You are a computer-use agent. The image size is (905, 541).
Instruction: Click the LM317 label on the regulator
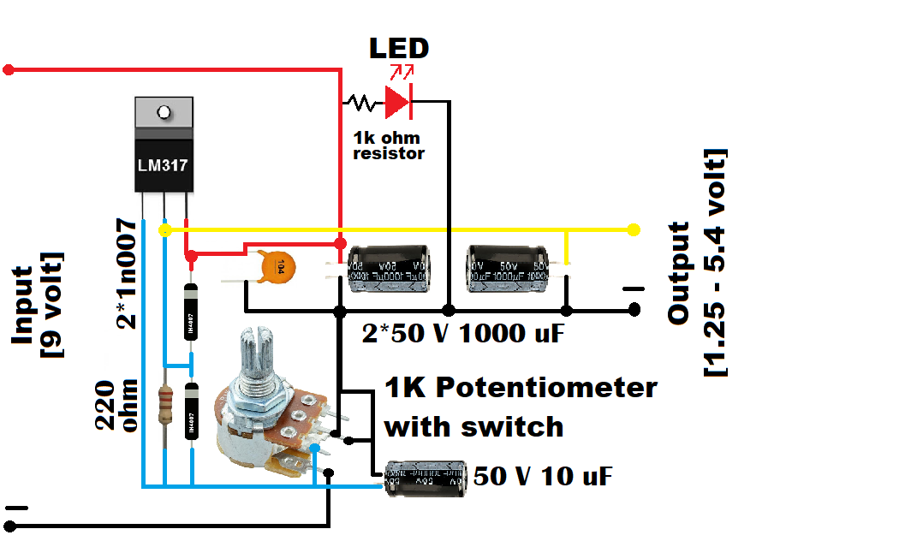tap(163, 164)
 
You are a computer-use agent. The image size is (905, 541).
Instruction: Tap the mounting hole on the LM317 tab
tap(163, 111)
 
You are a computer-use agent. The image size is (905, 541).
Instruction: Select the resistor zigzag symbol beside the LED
tap(360, 103)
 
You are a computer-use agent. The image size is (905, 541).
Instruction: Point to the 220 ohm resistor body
tap(165, 404)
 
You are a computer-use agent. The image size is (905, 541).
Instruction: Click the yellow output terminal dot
tap(634, 229)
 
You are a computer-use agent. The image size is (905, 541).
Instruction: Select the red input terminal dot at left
tap(9, 69)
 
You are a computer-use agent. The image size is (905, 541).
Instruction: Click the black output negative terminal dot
tap(634, 309)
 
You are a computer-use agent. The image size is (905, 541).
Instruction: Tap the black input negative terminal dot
tap(11, 525)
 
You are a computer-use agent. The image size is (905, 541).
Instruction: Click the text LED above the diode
tap(398, 48)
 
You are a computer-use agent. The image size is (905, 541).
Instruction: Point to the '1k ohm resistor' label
tap(388, 146)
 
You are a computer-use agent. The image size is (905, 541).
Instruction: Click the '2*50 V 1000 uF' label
tap(462, 334)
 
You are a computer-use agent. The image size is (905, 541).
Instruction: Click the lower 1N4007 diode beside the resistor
tap(191, 413)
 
